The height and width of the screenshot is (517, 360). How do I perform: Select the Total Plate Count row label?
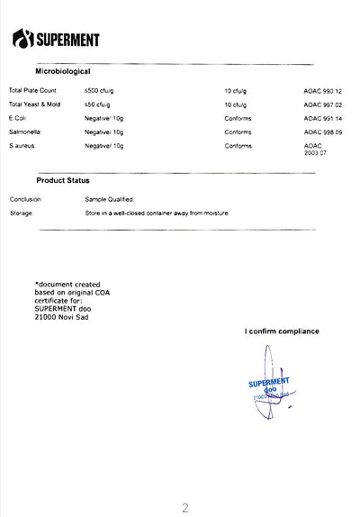coord(32,91)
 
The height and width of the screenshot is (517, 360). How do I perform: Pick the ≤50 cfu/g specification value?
coord(97,104)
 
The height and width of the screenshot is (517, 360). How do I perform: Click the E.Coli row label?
coord(18,118)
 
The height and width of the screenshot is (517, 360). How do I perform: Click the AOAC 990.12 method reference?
coord(323,91)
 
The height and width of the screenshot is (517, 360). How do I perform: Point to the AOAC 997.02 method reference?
coord(323,104)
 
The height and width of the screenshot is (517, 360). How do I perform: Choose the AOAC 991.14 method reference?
coord(323,118)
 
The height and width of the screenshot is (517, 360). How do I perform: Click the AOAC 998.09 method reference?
coord(323,132)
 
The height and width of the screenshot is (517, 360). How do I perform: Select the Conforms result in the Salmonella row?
coord(238,132)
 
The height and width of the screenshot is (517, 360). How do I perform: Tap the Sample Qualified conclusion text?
coord(109,199)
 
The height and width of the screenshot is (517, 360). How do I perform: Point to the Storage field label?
coord(22,213)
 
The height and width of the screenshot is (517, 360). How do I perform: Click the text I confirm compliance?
coord(281,331)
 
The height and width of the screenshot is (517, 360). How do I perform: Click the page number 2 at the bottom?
coord(184,508)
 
